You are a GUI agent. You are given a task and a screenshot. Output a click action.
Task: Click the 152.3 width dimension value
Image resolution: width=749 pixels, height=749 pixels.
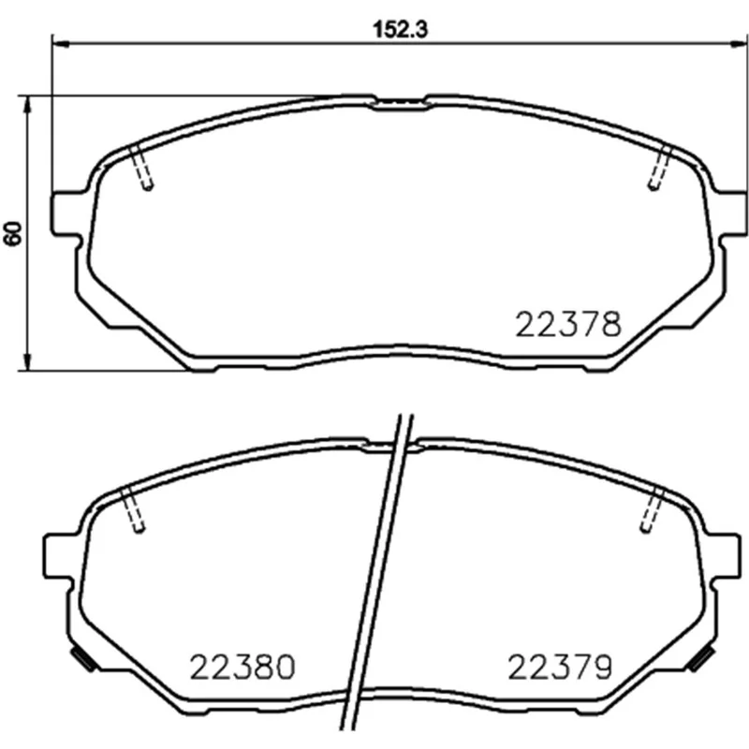coord(401,30)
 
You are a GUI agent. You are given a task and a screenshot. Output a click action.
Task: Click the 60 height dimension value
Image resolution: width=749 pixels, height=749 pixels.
coord(14,233)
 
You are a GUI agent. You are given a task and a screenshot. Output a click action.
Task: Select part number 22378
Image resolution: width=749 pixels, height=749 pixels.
coord(568,324)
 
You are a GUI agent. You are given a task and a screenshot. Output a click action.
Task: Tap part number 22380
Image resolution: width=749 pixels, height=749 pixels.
coord(242,667)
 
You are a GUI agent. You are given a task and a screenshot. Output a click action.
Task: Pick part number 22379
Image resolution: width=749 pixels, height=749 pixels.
coord(559,667)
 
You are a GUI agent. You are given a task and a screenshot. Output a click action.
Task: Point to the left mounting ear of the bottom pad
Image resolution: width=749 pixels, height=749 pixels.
coord(59,555)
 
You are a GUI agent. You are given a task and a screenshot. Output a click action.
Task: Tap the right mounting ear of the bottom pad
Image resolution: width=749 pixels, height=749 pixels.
coord(724,555)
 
